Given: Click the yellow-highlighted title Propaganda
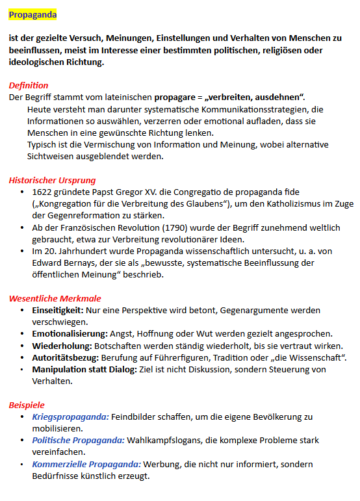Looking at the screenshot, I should (x=32, y=14).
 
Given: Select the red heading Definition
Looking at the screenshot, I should (x=28, y=85).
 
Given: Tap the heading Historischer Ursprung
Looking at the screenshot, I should (x=52, y=180).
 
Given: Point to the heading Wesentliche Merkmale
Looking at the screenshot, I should (x=55, y=298).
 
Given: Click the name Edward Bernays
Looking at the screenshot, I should (x=64, y=263).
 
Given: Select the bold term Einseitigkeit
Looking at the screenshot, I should (x=57, y=310).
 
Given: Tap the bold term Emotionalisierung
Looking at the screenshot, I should (x=70, y=333).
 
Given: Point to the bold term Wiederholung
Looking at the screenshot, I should (x=61, y=346).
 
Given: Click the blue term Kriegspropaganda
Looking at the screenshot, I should (x=70, y=417).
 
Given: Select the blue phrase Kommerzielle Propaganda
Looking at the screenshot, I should (x=86, y=464).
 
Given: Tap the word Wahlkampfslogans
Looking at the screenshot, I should (x=166, y=440).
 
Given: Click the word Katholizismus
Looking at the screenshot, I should (x=290, y=204).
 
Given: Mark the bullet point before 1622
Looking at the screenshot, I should (x=23, y=192).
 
